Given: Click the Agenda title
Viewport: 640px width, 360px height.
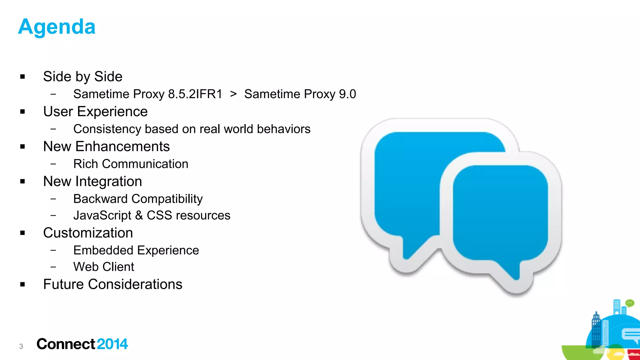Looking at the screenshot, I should (57, 27).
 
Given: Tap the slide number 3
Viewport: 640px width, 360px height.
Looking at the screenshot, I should (21, 346).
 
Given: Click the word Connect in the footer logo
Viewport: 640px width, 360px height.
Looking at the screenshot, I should (66, 344).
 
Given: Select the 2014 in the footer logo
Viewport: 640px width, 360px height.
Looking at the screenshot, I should (112, 344).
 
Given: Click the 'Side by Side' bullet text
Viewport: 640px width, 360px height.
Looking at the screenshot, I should (82, 77).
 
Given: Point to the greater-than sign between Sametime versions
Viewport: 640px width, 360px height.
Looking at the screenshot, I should (233, 94).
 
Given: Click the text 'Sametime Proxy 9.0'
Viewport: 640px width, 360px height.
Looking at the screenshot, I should (300, 94).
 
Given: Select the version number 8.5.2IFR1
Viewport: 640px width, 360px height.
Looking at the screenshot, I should (195, 94).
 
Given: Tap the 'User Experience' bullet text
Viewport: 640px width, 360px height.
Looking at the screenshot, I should (95, 112).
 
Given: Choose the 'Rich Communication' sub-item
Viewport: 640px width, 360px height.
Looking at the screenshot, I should (131, 164).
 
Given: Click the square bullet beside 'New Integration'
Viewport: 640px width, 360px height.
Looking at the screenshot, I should (22, 182).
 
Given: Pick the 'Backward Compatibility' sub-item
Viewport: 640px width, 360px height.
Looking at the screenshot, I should (138, 199).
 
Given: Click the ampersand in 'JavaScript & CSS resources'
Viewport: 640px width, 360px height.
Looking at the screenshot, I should (139, 215).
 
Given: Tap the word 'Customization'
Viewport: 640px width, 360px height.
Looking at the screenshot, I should (88, 233).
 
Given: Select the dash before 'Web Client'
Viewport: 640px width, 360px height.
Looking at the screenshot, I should (53, 267).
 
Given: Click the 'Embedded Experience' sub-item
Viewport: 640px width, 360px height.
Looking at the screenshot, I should (136, 250).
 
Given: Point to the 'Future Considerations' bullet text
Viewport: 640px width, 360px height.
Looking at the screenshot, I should (112, 284).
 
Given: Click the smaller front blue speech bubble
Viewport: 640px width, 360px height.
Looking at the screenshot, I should (500, 212).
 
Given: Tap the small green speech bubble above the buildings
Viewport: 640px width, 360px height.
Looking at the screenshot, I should (629, 303).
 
